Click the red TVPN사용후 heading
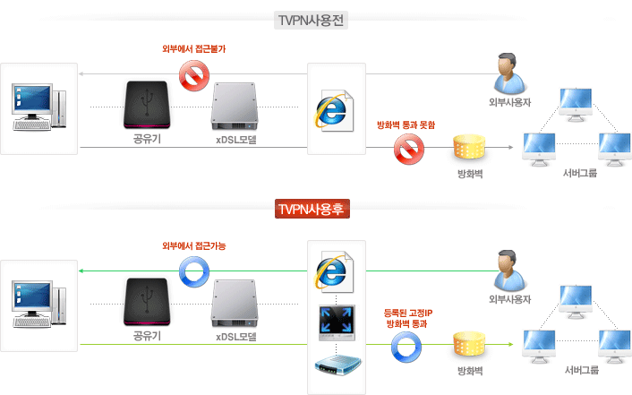click(312, 210)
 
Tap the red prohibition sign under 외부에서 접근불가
click(192, 78)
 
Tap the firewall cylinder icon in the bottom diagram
click(469, 345)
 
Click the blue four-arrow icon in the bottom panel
click(337, 321)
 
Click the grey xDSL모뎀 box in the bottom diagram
click(235, 305)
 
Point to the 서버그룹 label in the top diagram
click(580, 172)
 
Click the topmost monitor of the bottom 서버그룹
click(576, 299)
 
